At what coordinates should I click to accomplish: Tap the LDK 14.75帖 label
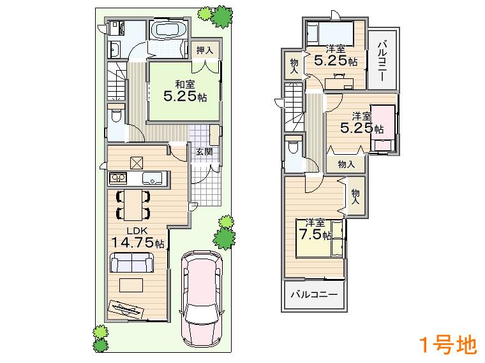click(x=137, y=238)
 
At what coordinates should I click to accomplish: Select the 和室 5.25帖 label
click(x=184, y=92)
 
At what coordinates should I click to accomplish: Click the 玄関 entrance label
click(x=204, y=152)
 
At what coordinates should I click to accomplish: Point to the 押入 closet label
click(x=205, y=50)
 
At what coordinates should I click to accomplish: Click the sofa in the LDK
click(x=131, y=262)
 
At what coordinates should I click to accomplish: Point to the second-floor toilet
click(x=292, y=147)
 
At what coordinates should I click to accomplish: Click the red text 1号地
click(x=447, y=345)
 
